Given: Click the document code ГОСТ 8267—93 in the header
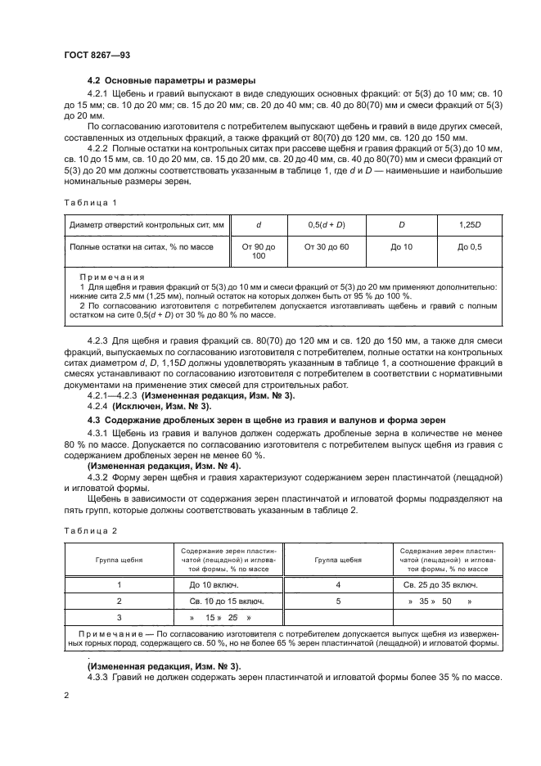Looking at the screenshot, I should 96,54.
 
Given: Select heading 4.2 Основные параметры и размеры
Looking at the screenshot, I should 172,80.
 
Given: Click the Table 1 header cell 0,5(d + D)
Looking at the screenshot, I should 326,224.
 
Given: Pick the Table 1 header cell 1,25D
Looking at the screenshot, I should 469,224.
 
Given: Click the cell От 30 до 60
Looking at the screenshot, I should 326,246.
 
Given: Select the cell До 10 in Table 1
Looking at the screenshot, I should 402,246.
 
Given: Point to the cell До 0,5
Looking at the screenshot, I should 469,246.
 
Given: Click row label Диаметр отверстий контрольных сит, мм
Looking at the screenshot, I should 147,224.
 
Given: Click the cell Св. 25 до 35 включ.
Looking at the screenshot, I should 440,585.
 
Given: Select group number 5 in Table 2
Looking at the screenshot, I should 338,601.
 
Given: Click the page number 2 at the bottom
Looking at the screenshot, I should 65,696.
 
